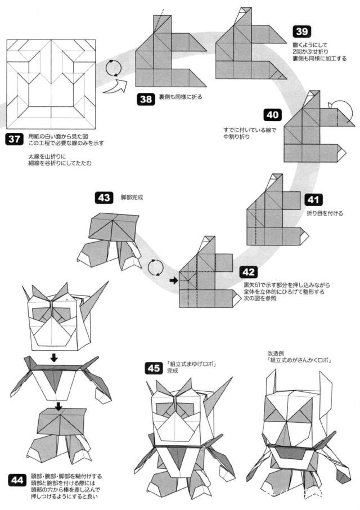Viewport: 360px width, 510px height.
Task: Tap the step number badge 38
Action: click(146, 100)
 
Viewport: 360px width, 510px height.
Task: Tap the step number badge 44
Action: click(17, 480)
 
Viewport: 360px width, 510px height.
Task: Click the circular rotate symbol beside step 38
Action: click(115, 68)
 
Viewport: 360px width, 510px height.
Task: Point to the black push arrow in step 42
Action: click(174, 280)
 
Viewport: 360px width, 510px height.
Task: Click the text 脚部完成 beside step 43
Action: click(132, 198)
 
